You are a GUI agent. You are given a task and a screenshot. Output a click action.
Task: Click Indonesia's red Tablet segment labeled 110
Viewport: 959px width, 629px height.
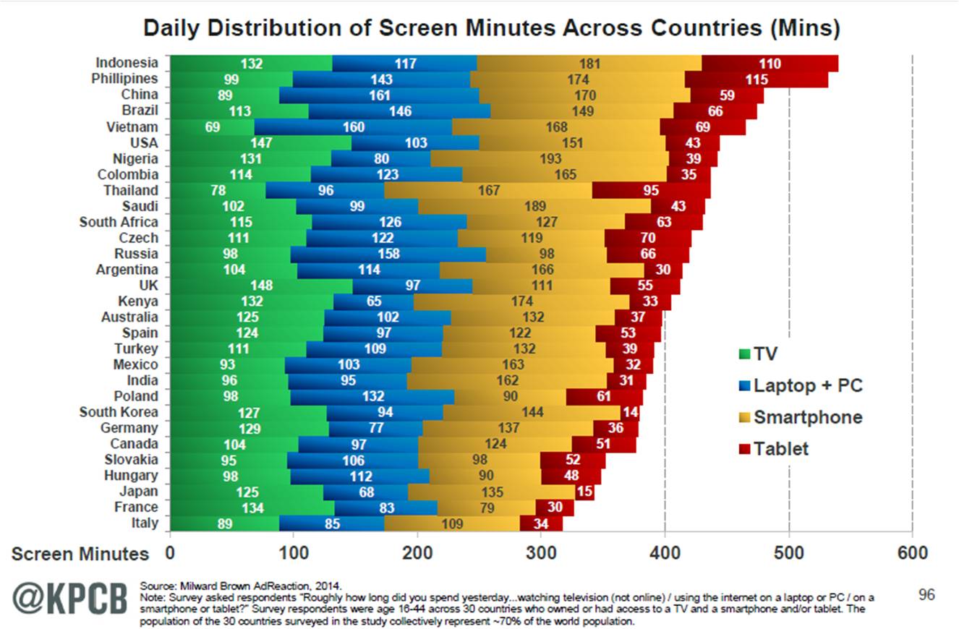[770, 64]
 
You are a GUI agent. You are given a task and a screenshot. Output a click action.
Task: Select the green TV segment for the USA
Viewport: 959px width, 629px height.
[260, 143]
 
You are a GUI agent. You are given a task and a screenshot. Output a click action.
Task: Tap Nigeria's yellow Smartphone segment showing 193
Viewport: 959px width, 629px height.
[550, 159]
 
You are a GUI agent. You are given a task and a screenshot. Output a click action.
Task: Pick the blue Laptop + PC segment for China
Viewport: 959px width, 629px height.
[379, 95]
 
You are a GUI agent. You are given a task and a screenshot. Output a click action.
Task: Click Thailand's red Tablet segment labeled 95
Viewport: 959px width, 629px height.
[651, 191]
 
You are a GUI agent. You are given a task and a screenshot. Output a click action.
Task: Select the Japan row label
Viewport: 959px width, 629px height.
[138, 492]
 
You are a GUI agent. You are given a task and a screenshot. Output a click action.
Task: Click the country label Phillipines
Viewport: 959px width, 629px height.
[125, 79]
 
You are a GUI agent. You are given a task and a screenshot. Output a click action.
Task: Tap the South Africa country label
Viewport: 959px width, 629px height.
[119, 222]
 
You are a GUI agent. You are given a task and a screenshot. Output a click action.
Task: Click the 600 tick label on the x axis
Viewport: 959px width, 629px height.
[913, 553]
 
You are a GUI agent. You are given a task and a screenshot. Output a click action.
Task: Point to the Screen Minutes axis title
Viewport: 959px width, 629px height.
[80, 554]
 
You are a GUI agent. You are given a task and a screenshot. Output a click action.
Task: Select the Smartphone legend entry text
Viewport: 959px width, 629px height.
[808, 417]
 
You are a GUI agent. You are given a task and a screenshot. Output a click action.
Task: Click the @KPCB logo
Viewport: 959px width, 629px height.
[69, 599]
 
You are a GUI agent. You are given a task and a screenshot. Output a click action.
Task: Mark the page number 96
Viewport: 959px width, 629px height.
[926, 595]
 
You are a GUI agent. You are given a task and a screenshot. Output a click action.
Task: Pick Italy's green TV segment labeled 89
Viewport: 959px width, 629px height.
[224, 523]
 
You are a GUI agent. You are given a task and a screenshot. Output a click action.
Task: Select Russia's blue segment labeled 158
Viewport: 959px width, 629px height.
[388, 254]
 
